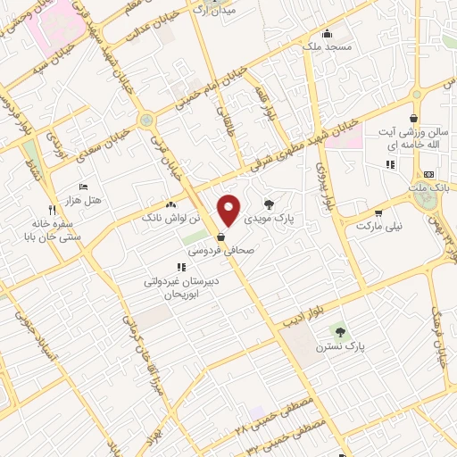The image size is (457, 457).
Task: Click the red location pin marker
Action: pos(229,210)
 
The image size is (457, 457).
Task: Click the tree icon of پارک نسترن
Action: pos(339,332)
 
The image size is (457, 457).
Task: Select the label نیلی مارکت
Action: pos(379,227)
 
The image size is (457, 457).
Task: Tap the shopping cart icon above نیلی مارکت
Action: pos(379,213)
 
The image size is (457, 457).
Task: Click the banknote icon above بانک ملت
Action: pos(429,174)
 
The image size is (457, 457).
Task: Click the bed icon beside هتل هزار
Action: pos(83,187)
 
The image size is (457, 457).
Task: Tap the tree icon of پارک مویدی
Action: pos(270,204)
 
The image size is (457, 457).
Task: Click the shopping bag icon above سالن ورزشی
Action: pos(413,118)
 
